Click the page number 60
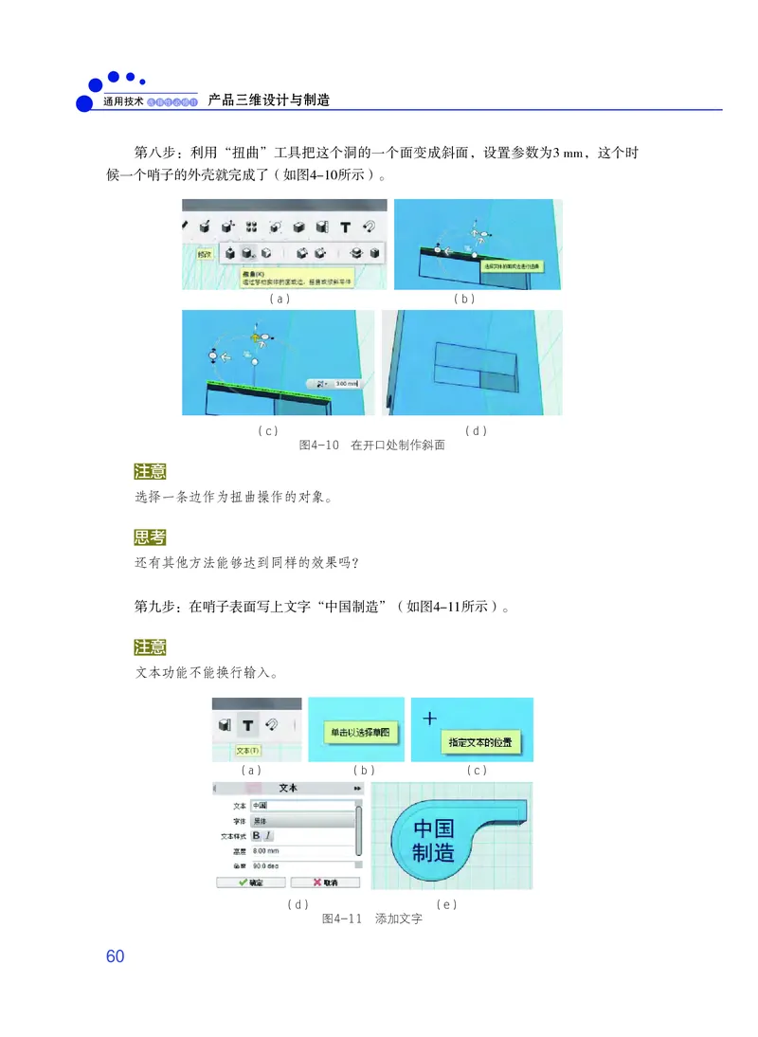[x=115, y=956]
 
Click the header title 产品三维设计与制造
[x=268, y=99]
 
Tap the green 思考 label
[x=150, y=538]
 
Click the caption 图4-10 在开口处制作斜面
[x=371, y=446]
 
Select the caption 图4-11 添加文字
[x=371, y=919]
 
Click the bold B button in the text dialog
[x=256, y=835]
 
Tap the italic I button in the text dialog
[x=268, y=835]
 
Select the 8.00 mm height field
[x=301, y=851]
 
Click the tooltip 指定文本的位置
[x=484, y=742]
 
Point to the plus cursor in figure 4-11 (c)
[x=429, y=719]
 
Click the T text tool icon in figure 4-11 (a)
[x=247, y=725]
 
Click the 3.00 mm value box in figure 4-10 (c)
[x=344, y=384]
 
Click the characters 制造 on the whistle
[x=434, y=852]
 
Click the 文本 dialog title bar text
[x=288, y=788]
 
